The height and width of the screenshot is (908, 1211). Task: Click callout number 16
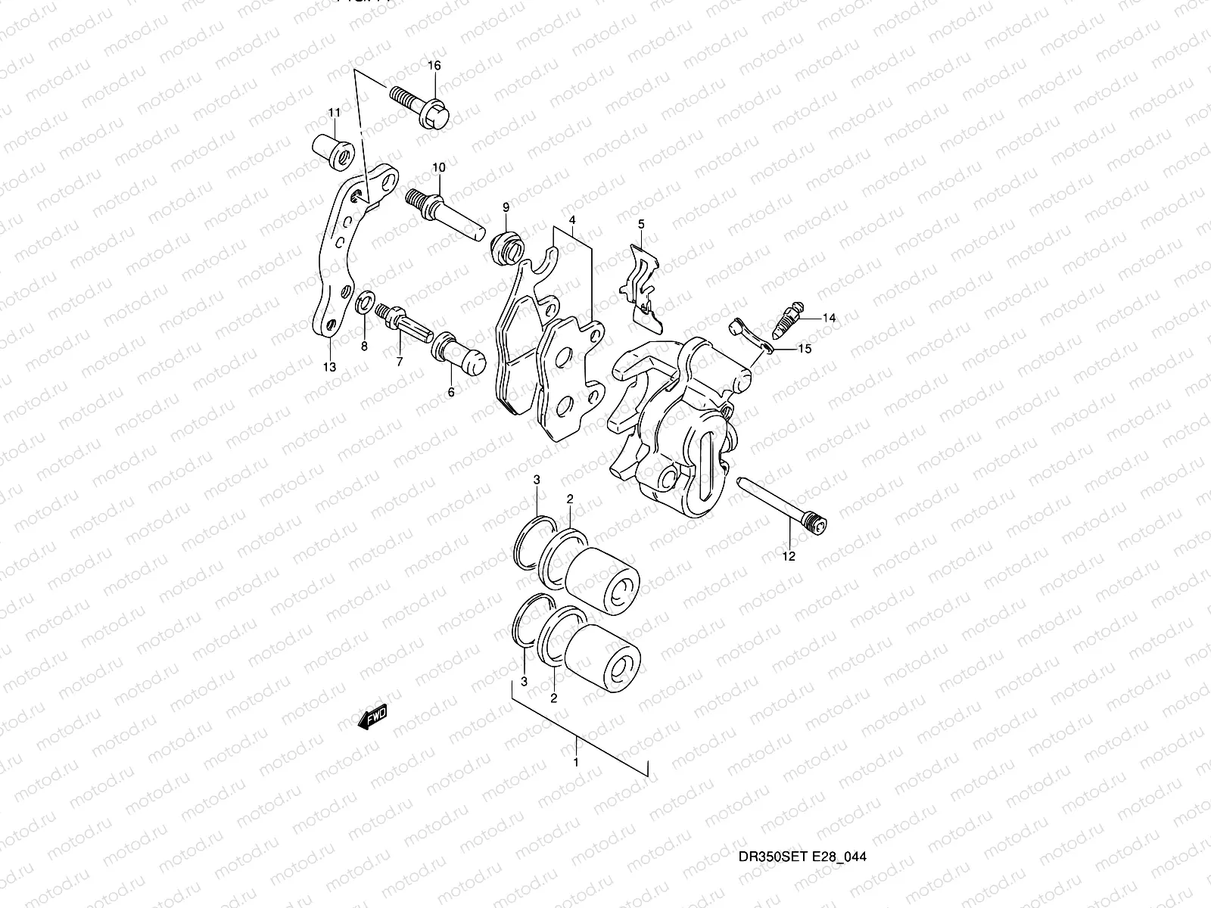434,66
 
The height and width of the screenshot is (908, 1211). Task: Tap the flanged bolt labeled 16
424,106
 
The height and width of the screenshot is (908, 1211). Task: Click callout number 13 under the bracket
328,367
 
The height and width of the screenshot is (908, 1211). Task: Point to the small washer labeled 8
363,304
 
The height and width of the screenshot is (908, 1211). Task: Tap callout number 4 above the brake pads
573,220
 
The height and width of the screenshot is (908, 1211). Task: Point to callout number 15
805,349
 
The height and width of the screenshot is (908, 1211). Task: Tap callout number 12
789,556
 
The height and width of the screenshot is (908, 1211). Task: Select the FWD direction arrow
372,717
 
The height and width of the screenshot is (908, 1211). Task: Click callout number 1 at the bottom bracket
576,762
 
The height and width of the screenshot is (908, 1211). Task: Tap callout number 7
399,362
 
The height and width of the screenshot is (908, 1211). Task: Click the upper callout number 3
537,480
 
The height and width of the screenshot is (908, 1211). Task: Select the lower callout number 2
554,698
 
